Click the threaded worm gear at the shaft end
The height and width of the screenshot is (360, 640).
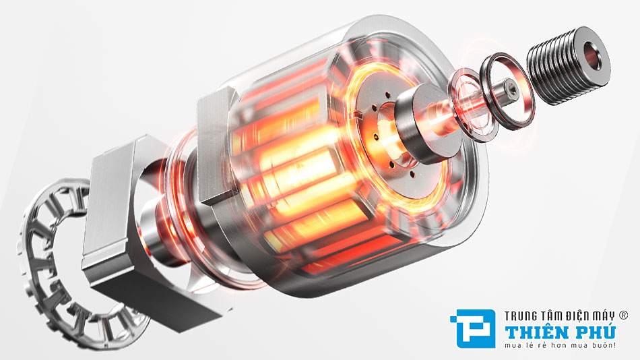[568, 65]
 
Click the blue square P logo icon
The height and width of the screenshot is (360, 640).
[473, 328]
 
